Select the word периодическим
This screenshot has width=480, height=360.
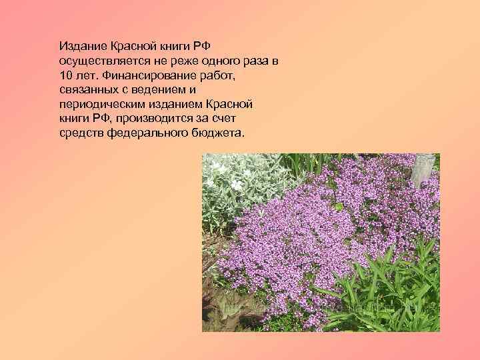(x=101, y=105)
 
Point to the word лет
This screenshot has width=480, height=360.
(x=89, y=76)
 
